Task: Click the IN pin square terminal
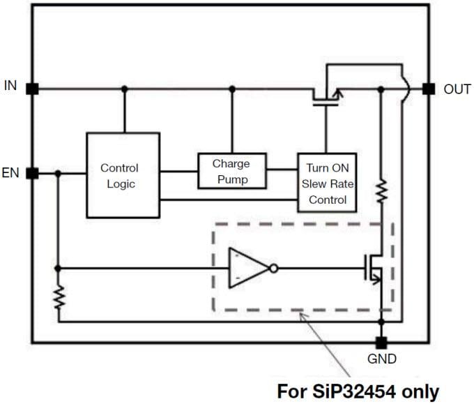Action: (x=31, y=89)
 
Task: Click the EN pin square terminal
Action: (x=31, y=172)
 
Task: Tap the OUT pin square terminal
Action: (x=429, y=89)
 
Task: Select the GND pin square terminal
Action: (x=381, y=343)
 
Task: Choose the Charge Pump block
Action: (x=231, y=171)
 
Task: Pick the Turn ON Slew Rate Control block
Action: (x=327, y=183)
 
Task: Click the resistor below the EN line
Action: (x=59, y=299)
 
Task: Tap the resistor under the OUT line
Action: (x=381, y=191)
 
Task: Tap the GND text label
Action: (x=381, y=359)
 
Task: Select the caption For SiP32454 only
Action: (x=358, y=389)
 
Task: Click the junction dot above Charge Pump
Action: (x=232, y=89)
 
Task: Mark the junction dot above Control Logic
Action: (x=124, y=89)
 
